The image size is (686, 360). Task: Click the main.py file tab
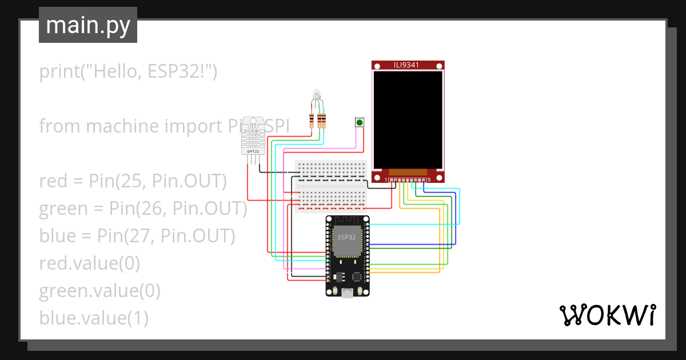click(87, 25)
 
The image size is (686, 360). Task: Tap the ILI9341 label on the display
click(408, 65)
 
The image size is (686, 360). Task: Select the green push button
click(359, 122)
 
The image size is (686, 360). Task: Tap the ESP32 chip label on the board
click(347, 237)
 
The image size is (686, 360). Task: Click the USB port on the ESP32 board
click(347, 293)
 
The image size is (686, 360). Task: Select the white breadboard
click(332, 186)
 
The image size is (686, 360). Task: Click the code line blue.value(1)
click(94, 318)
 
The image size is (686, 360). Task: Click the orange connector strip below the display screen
click(408, 171)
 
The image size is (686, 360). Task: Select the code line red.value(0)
click(89, 263)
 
